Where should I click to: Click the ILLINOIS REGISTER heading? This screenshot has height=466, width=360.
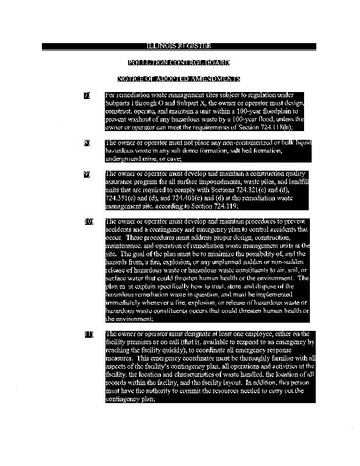[179, 46]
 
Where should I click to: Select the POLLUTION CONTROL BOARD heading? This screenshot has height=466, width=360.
[179, 62]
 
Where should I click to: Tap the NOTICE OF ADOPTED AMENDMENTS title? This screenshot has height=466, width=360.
[179, 79]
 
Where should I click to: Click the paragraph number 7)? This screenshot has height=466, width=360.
[87, 95]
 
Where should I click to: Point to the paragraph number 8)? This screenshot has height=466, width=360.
[87, 143]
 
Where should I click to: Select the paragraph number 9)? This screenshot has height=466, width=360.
[87, 174]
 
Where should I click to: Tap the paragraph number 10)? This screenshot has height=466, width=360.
[89, 222]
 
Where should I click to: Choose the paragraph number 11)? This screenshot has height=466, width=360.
[89, 334]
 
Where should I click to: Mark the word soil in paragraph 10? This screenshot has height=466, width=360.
[292, 270]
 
